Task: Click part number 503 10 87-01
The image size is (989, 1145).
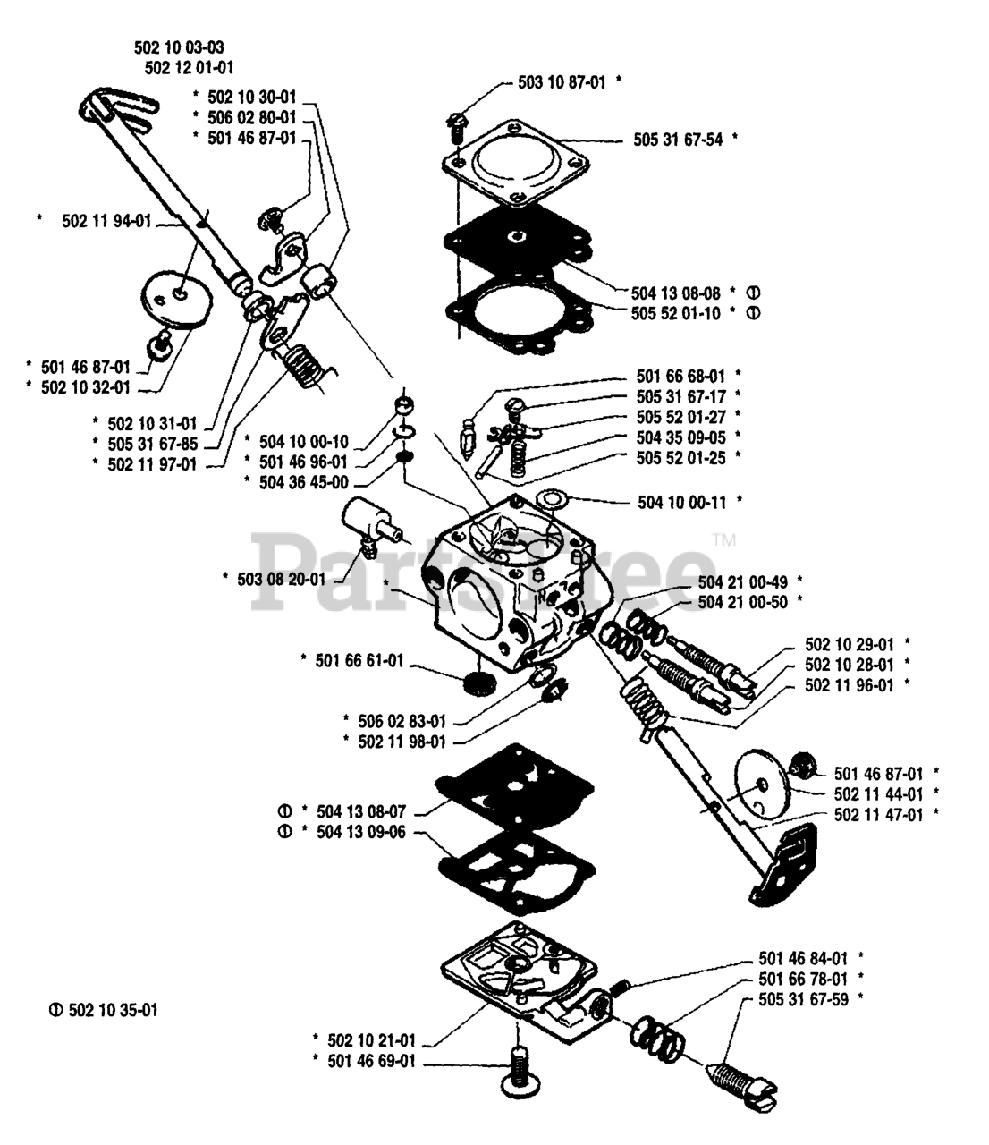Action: (562, 81)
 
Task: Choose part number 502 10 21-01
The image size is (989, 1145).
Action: (371, 1039)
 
